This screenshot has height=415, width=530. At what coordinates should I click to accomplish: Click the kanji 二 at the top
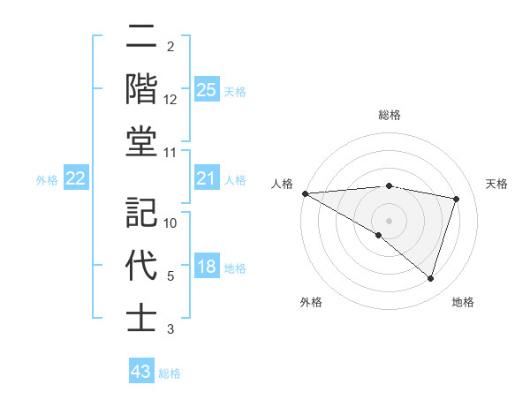pyautogui.click(x=141, y=37)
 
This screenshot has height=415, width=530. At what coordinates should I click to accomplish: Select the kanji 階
pyautogui.click(x=141, y=90)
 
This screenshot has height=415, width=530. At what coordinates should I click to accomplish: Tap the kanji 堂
pyautogui.click(x=141, y=142)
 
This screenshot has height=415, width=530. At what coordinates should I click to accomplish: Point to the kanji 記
pyautogui.click(x=141, y=212)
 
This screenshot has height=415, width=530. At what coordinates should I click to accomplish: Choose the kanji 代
pyautogui.click(x=141, y=265)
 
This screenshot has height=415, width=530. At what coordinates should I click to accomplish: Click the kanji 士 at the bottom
pyautogui.click(x=141, y=318)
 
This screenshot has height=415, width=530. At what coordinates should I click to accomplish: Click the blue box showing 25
pyautogui.click(x=206, y=90)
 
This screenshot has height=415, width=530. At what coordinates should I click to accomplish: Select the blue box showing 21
pyautogui.click(x=206, y=179)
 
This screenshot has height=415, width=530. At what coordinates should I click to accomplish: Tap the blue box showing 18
pyautogui.click(x=206, y=268)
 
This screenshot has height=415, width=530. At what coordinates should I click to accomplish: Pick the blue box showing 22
pyautogui.click(x=75, y=179)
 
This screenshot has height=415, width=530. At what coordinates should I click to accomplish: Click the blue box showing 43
pyautogui.click(x=140, y=372)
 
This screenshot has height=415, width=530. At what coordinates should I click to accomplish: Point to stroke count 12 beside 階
pyautogui.click(x=170, y=100)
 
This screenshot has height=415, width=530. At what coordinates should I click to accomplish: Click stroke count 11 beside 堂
pyautogui.click(x=170, y=153)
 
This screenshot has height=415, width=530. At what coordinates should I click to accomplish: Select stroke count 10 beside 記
pyautogui.click(x=170, y=223)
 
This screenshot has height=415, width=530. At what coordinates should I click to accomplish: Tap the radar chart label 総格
pyautogui.click(x=390, y=115)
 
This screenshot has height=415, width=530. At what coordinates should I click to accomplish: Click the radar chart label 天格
pyautogui.click(x=496, y=184)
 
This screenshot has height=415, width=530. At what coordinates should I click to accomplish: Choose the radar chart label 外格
pyautogui.click(x=311, y=302)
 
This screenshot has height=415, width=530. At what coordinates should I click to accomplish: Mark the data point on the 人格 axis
pyautogui.click(x=305, y=193)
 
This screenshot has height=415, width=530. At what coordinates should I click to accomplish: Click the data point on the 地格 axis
pyautogui.click(x=430, y=278)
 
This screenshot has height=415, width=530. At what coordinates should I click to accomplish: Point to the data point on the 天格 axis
pyautogui.click(x=456, y=199)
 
